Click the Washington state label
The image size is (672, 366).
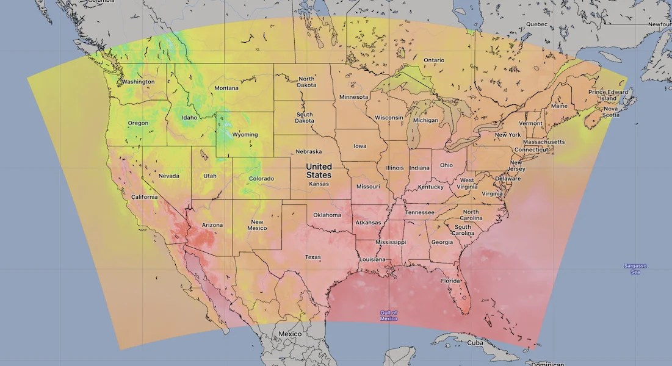138,82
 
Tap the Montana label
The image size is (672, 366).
226,88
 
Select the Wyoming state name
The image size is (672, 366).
245,135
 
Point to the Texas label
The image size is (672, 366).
313,257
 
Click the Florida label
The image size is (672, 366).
450,281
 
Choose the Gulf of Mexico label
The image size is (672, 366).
389,315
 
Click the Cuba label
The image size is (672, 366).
475,343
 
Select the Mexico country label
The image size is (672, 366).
290,334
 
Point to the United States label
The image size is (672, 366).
319,171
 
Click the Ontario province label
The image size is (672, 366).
434,60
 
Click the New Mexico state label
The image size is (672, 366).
257,225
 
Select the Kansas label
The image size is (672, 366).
319,184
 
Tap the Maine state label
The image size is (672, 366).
558,106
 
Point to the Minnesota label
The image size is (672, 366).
353,97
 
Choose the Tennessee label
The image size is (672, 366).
420,212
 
